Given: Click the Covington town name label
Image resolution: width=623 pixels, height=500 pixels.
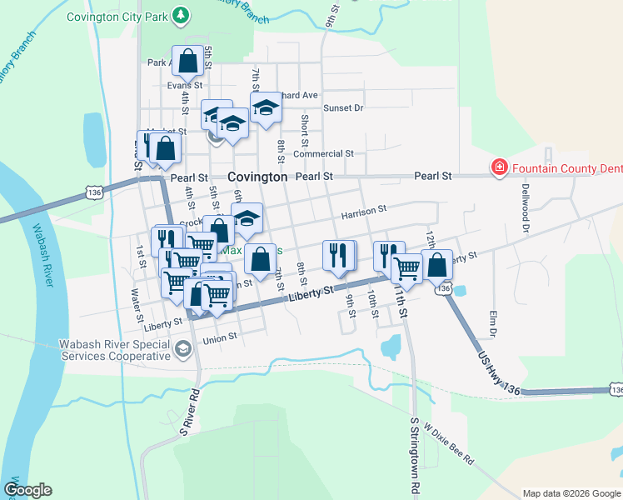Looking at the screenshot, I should click(x=257, y=177).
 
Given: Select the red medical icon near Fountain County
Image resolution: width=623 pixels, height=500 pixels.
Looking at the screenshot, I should click(x=500, y=168).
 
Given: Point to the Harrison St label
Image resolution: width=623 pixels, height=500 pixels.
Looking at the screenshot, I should click(x=364, y=212).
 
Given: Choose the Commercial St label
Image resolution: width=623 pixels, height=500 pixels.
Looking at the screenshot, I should click(x=324, y=153).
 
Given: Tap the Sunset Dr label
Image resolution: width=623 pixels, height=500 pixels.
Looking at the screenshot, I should click(x=343, y=107).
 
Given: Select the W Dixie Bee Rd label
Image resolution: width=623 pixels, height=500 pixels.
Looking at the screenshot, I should click(x=448, y=443).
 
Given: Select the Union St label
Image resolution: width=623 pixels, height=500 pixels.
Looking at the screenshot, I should click(x=221, y=337).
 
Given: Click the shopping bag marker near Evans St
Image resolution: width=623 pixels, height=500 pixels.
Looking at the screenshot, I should click(x=187, y=60).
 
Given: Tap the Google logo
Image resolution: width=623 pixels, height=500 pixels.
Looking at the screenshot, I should click(x=27, y=490).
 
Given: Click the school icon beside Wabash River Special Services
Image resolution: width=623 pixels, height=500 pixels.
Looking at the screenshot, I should click(x=182, y=351).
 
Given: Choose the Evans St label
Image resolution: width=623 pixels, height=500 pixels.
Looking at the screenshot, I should click(x=185, y=85).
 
